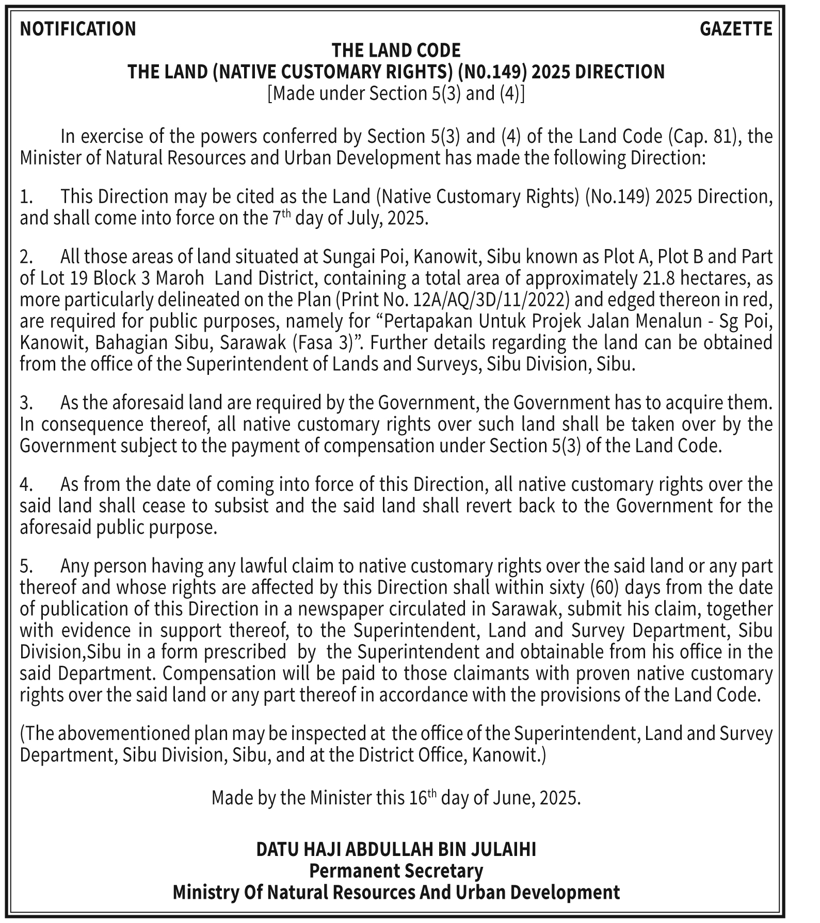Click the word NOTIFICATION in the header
(78, 29)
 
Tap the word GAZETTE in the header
(736, 29)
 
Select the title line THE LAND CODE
(396, 51)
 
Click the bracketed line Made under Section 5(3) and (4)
(396, 93)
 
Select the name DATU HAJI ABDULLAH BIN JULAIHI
(396, 849)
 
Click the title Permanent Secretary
(396, 871)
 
